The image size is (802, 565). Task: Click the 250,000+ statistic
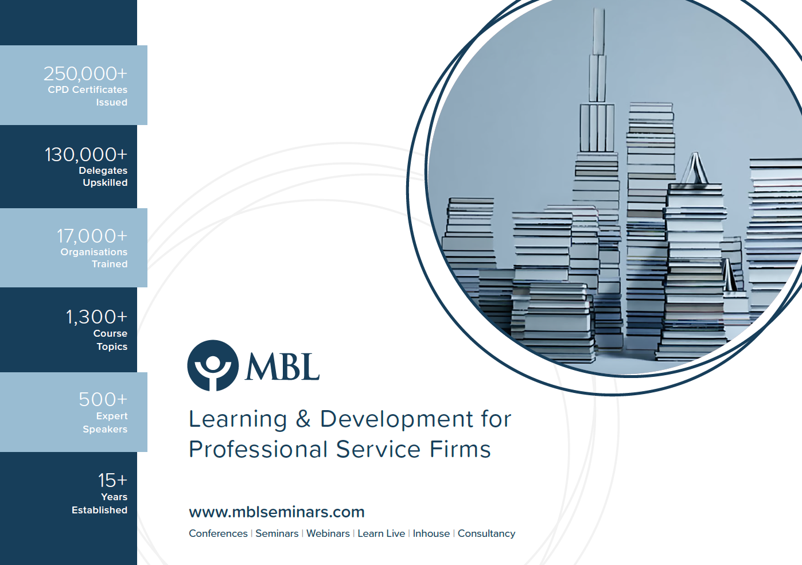(85, 74)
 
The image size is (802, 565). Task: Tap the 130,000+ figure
(86, 155)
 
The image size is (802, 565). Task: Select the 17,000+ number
(92, 236)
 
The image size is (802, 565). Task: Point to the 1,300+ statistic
(97, 317)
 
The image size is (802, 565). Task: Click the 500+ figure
(103, 399)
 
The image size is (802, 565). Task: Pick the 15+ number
(113, 480)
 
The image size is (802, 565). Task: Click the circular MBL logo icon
(213, 365)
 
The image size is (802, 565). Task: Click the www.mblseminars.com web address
(277, 512)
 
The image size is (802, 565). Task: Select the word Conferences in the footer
(218, 533)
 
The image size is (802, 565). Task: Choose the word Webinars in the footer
(328, 533)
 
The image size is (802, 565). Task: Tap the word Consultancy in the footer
(486, 533)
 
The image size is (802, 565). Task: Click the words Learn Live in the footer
(381, 533)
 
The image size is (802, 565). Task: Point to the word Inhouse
(431, 533)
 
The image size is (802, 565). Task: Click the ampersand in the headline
(303, 419)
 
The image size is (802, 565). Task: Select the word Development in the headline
(396, 420)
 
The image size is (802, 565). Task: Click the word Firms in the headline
(460, 449)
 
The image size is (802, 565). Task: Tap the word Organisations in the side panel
(94, 252)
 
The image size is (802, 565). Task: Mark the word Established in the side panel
(100, 510)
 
